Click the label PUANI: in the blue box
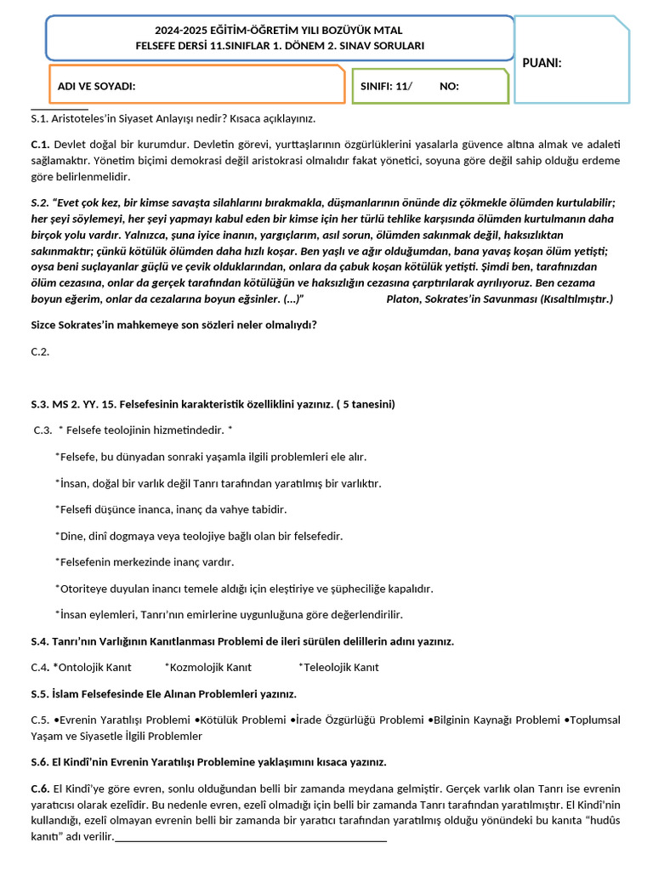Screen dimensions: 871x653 542,63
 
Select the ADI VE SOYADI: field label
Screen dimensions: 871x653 96,87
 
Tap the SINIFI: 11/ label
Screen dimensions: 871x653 386,87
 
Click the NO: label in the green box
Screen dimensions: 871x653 449,87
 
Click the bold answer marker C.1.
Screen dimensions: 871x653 40,145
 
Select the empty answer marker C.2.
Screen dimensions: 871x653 40,351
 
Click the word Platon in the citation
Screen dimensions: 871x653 402,299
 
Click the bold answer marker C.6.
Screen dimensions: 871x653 40,788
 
